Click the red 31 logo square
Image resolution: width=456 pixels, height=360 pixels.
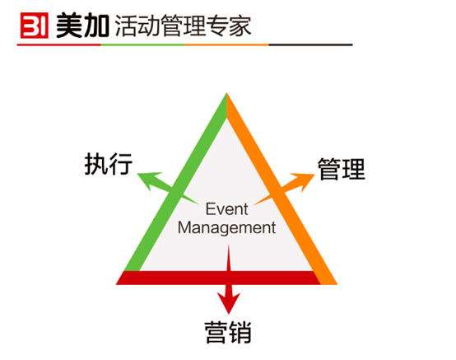point(35,26)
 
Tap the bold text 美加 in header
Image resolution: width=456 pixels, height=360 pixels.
point(82,26)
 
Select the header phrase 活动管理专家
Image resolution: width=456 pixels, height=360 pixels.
point(184,26)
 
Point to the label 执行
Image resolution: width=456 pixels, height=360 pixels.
point(109,164)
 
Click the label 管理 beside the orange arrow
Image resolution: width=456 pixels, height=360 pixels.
point(342,169)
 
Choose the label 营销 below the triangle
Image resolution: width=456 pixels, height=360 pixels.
point(228,332)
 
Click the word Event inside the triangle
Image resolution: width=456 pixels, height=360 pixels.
point(227,209)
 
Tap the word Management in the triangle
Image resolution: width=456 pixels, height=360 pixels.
point(227,227)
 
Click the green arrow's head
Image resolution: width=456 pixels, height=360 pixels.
point(149,180)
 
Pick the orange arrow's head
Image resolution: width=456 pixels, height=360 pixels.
point(304,181)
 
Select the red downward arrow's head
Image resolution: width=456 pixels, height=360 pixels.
point(229,302)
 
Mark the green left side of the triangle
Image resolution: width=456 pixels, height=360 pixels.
point(175,182)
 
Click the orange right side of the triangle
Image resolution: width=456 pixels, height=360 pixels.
point(282,188)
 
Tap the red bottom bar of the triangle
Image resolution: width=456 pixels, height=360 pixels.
point(218,278)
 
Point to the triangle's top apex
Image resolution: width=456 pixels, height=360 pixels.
point(227,93)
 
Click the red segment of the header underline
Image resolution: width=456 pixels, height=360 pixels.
point(58,44)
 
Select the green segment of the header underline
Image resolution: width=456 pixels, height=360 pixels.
point(142,44)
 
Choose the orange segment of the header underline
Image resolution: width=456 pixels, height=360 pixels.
point(227,44)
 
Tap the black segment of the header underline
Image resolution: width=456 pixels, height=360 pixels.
point(310,44)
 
